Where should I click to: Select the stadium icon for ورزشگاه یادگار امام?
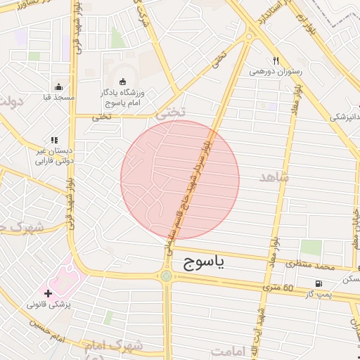point(124,81)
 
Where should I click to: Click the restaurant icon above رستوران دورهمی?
point(276,60)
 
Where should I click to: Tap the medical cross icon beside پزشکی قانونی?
point(49,293)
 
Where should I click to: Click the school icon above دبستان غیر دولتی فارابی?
point(54,140)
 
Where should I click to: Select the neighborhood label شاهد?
point(274,178)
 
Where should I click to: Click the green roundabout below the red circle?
point(167,276)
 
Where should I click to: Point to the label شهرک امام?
point(113,346)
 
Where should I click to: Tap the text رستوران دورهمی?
point(276,71)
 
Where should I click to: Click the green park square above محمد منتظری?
point(311,247)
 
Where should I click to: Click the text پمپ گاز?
point(319,293)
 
